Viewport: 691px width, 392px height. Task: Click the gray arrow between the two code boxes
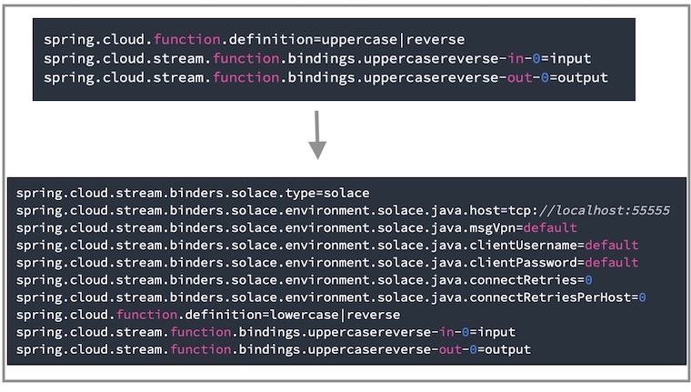316,135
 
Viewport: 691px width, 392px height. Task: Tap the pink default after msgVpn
550,228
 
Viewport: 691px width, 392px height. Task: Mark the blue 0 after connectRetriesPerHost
642,297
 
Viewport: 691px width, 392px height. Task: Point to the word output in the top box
581,78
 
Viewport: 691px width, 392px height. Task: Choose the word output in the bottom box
506,349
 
